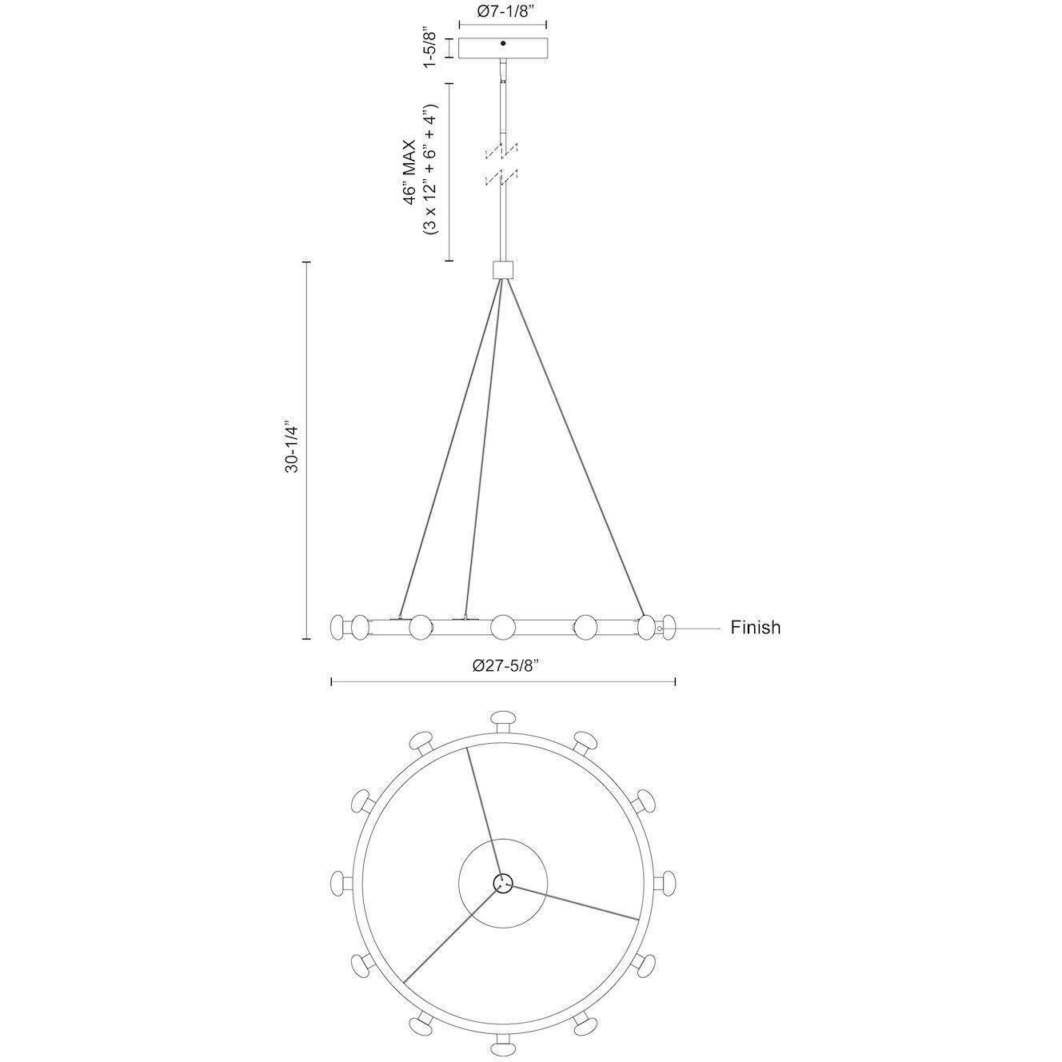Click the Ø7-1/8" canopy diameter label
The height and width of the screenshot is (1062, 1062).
tap(503, 12)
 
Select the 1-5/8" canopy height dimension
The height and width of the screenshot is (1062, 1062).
tap(429, 47)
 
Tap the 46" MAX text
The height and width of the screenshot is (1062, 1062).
tap(409, 172)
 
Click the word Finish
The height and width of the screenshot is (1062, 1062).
tap(756, 627)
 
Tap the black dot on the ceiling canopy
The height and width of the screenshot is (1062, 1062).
tap(503, 43)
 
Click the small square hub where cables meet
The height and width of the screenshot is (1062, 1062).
tap(503, 270)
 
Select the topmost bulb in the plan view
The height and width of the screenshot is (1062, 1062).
tap(503, 718)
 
